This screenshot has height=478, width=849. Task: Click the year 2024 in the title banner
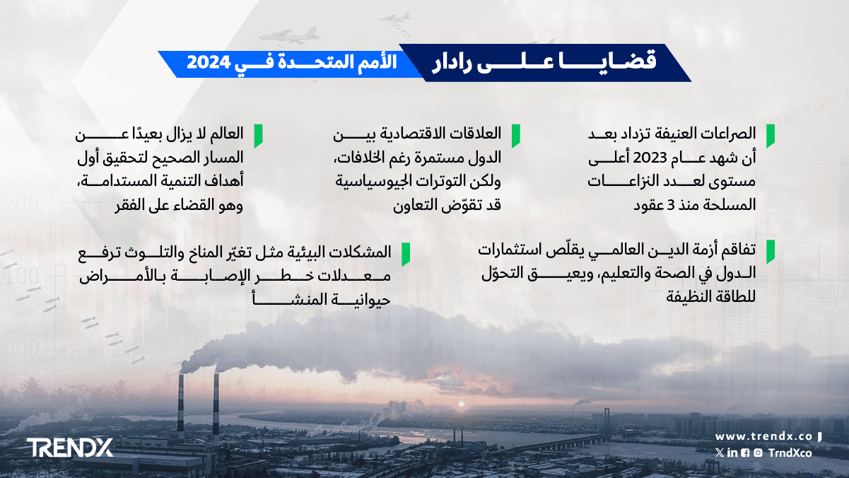click(x=209, y=62)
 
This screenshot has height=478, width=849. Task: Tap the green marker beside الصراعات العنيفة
click(x=770, y=136)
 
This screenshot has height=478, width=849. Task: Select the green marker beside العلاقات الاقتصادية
click(x=515, y=136)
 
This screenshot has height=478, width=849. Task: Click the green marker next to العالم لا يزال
click(x=258, y=136)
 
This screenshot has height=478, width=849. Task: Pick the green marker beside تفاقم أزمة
click(x=770, y=252)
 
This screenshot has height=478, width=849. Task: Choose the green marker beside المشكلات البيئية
click(x=406, y=255)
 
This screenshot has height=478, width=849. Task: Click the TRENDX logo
click(x=70, y=448)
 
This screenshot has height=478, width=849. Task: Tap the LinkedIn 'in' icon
click(x=732, y=453)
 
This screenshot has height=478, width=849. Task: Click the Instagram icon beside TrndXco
click(x=758, y=453)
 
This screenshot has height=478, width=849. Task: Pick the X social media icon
click(x=720, y=453)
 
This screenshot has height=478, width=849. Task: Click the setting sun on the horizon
click(x=461, y=404)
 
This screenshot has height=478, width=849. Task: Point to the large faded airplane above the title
click(x=289, y=35)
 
